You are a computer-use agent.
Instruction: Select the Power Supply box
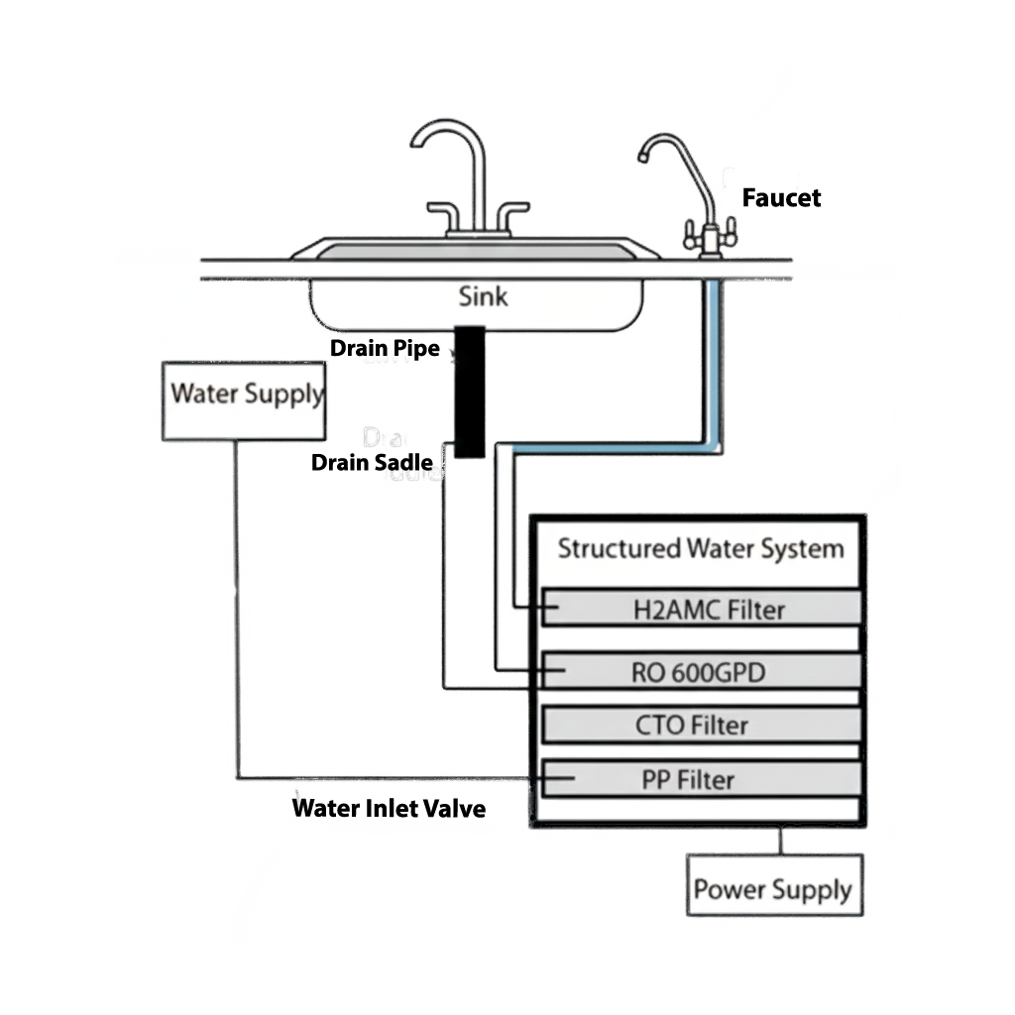[x=774, y=885]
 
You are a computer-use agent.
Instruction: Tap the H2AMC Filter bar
[x=702, y=609]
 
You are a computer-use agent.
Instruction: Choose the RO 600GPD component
[x=700, y=672]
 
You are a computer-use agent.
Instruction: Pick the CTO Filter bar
[x=700, y=725]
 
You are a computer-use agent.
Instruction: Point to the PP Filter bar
[x=700, y=779]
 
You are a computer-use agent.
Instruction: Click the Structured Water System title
[x=700, y=548]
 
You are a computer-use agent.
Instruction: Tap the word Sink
[x=483, y=295]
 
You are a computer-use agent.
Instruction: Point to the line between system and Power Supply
[x=780, y=842]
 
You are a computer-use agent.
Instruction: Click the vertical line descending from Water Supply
[x=237, y=605]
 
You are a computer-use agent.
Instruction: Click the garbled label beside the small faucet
[x=781, y=198]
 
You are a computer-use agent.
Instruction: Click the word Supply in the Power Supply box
[x=812, y=889]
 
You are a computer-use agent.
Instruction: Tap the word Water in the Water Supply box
[x=205, y=393]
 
